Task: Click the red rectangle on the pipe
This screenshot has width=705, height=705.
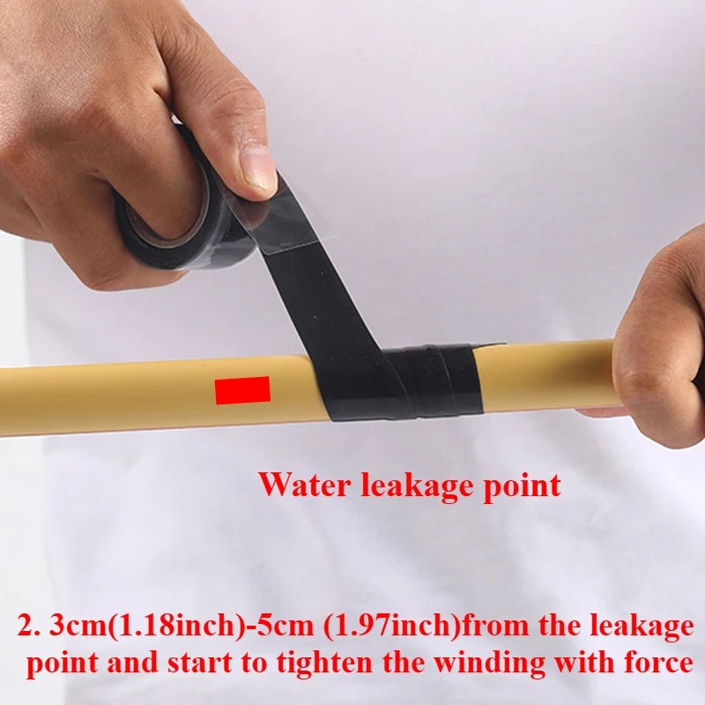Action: (x=242, y=390)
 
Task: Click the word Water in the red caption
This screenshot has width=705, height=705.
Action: (x=302, y=485)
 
